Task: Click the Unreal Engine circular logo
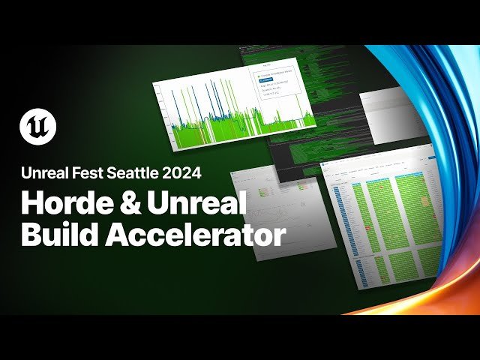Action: [37, 125]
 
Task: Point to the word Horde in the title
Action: [61, 203]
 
